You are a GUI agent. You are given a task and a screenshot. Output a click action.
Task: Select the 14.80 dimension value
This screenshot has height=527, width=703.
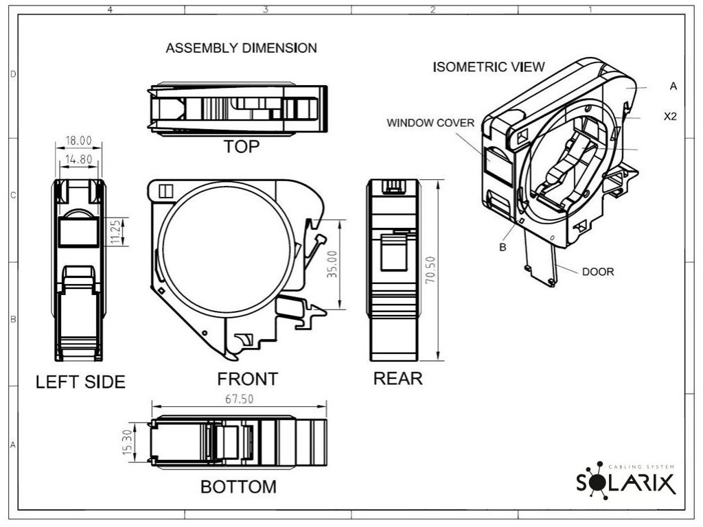78,160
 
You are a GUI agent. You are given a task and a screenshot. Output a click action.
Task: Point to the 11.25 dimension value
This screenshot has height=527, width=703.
115,232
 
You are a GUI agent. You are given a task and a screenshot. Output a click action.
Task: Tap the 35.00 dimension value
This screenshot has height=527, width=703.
332,264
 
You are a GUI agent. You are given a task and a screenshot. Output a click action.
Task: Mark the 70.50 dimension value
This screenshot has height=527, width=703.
430,270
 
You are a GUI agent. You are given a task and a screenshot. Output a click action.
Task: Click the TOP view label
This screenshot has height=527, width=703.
242,147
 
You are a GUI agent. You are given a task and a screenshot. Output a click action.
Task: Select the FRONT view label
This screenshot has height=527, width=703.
247,379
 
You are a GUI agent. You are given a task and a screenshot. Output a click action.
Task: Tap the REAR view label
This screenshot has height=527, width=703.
397,379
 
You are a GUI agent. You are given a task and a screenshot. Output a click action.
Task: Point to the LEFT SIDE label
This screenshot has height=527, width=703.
80,382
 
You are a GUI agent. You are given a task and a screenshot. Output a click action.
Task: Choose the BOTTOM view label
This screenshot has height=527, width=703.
238,487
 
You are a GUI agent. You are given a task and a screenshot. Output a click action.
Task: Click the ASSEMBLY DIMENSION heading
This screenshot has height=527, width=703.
242,48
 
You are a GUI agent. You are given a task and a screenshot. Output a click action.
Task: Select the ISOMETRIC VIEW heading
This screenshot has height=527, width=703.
489,67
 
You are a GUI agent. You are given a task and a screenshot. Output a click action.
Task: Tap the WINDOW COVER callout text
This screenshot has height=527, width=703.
430,123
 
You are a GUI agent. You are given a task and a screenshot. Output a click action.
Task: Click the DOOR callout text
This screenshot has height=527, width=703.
598,272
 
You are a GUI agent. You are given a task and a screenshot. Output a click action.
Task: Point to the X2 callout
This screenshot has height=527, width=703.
670,117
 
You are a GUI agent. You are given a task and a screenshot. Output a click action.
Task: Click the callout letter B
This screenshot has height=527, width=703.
503,247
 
